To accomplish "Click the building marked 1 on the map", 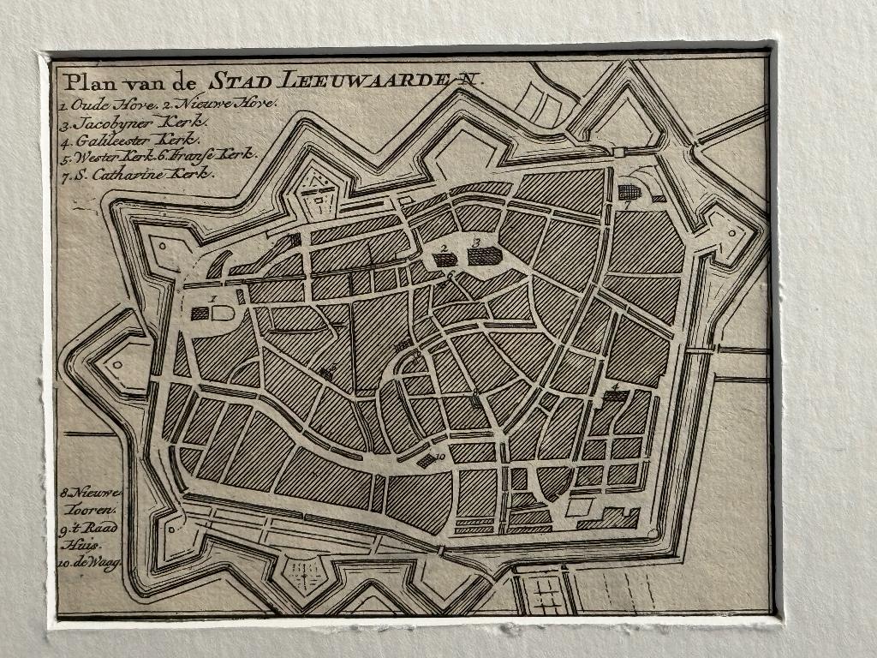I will (200, 314).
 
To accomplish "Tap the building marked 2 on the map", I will (444, 259).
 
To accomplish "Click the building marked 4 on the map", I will (613, 396).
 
